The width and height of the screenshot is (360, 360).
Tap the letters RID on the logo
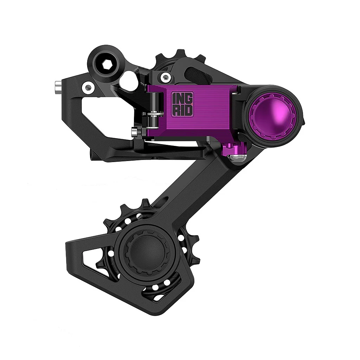point(182,110)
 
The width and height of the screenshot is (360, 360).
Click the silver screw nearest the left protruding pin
point(88,87)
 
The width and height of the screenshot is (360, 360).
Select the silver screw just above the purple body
point(165,77)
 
